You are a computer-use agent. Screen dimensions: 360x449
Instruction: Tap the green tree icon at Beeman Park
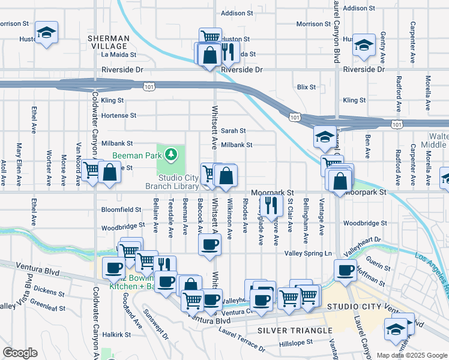[x=172, y=155]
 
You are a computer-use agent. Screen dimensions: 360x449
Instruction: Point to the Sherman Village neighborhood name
[x=107, y=42]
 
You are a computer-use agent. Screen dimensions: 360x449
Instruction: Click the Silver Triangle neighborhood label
[x=294, y=331]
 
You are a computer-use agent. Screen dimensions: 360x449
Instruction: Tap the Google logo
[x=20, y=353]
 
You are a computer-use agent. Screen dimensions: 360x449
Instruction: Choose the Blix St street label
[x=306, y=87]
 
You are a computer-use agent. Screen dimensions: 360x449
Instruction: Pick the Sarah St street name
[x=234, y=130]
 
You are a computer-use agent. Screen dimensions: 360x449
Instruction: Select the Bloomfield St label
[x=121, y=210]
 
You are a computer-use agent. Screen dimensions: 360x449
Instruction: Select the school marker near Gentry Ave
[x=363, y=45]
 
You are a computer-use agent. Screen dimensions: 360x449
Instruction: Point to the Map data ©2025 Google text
[x=412, y=355]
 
